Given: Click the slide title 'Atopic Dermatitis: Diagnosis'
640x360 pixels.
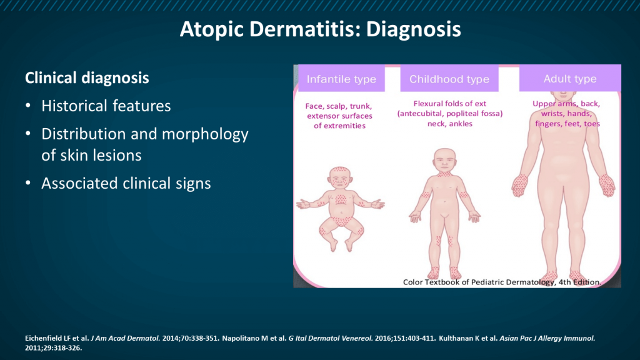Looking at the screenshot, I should [x=320, y=29].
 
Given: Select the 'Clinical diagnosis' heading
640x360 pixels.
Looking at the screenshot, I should [x=87, y=78].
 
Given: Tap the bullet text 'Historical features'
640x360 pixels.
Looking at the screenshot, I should [x=106, y=106].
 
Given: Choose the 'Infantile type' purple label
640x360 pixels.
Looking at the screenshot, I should [x=341, y=79].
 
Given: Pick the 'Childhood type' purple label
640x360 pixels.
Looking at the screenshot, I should [x=449, y=79].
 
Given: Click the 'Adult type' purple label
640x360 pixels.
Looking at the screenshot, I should [x=569, y=79].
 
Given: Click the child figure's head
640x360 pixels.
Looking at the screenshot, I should [x=445, y=161].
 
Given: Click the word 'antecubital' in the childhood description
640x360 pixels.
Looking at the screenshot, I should [x=425, y=114].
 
